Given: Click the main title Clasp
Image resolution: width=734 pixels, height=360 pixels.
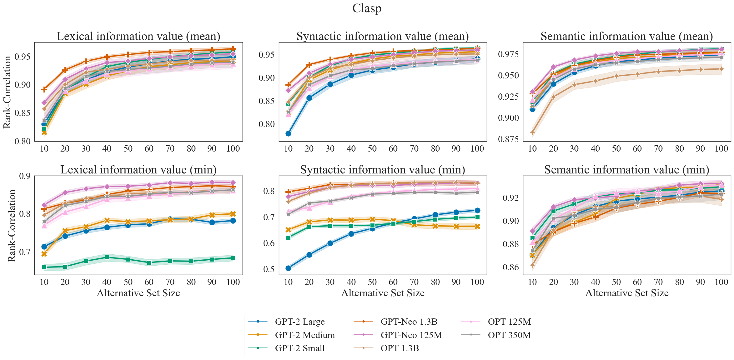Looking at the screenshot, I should [367, 8].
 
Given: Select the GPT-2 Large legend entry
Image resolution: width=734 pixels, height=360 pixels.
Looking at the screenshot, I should [299, 322].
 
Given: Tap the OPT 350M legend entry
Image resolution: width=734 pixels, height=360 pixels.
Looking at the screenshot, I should [509, 335].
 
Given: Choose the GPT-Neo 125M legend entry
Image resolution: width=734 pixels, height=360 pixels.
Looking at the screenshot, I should [411, 335].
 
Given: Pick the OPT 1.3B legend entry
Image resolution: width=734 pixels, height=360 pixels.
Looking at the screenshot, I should [400, 348].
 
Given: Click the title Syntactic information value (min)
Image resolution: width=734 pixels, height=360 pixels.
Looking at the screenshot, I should [383, 170].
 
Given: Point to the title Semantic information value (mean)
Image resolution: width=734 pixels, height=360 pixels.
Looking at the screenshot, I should [626, 36].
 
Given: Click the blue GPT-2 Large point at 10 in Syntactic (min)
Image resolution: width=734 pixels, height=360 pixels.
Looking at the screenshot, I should [288, 268].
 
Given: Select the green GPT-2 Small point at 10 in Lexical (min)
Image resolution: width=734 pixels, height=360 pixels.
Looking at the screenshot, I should [44, 267].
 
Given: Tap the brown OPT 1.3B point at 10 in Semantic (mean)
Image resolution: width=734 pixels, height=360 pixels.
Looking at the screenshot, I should [532, 132].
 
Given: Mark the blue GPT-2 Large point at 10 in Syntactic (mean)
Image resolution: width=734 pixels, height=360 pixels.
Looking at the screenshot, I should [288, 133].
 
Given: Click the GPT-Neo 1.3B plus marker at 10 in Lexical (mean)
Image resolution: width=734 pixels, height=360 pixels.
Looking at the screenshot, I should [44, 90].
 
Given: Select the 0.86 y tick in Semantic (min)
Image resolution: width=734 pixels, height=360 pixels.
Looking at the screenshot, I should [510, 267].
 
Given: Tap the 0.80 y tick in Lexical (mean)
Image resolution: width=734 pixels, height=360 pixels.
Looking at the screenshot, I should [22, 141].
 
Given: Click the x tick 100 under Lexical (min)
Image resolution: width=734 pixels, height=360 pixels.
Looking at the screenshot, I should [233, 282].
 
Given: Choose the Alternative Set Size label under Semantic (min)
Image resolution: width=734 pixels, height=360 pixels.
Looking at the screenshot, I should [626, 293].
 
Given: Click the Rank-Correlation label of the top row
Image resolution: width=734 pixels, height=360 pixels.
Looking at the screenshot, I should [7, 92].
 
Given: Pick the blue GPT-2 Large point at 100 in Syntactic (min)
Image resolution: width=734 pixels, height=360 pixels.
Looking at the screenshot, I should [477, 211].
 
